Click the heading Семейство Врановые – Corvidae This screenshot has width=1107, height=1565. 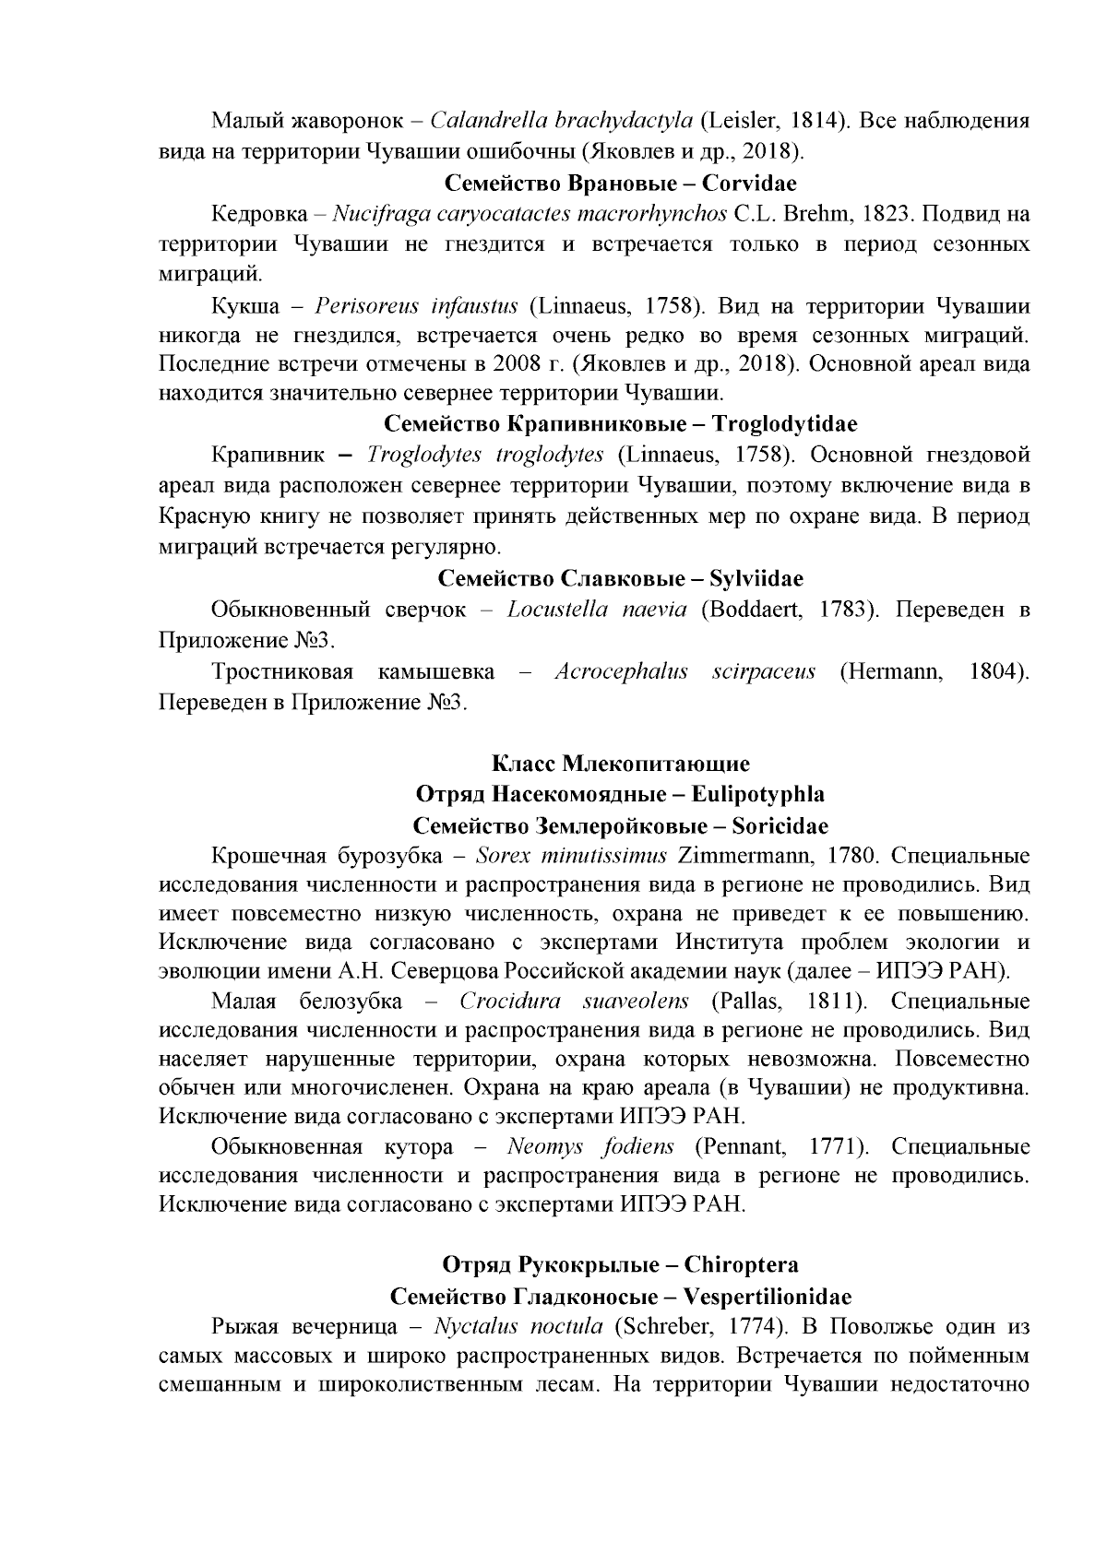click(x=620, y=183)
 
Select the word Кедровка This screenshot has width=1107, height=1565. click(x=258, y=215)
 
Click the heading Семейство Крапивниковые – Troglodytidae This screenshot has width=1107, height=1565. click(x=620, y=424)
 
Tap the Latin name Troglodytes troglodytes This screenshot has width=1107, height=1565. click(x=484, y=455)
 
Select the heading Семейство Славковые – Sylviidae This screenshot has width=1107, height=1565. click(x=620, y=578)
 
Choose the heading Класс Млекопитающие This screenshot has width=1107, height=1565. click(x=620, y=764)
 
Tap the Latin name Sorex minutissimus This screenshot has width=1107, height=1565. click(x=571, y=855)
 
